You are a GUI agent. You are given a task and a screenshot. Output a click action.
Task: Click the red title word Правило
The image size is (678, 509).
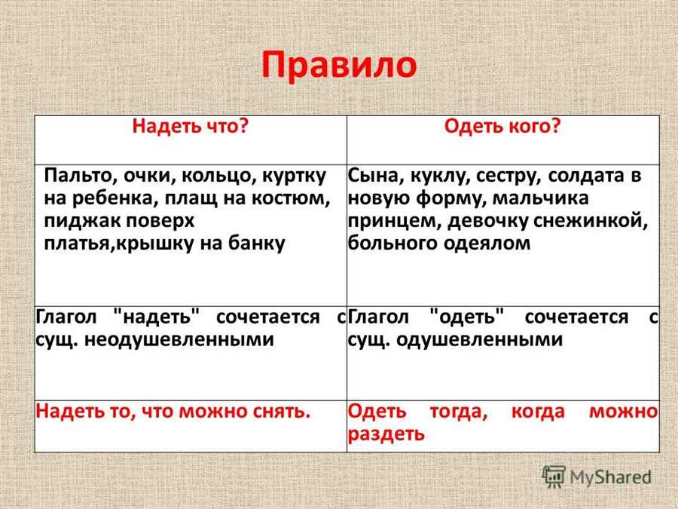point(339,66)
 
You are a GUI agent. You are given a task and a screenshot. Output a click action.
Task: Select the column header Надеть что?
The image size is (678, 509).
point(191,127)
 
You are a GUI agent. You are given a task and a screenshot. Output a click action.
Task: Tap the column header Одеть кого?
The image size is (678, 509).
point(502,127)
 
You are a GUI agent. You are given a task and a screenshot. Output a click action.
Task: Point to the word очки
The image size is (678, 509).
point(149,176)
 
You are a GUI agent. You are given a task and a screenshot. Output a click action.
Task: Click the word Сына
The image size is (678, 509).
point(375,176)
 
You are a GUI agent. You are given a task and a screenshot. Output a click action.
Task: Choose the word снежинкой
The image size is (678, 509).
point(591,221)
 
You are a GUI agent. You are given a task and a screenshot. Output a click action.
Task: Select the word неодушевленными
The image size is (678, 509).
point(179,340)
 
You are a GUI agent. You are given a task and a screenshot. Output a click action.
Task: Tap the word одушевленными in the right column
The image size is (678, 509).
point(480,340)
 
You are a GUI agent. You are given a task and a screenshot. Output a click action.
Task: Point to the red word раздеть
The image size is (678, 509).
point(386,434)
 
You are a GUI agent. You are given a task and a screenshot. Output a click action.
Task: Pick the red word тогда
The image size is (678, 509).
point(459,412)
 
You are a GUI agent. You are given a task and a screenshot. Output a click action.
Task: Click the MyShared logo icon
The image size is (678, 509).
point(554,477)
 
